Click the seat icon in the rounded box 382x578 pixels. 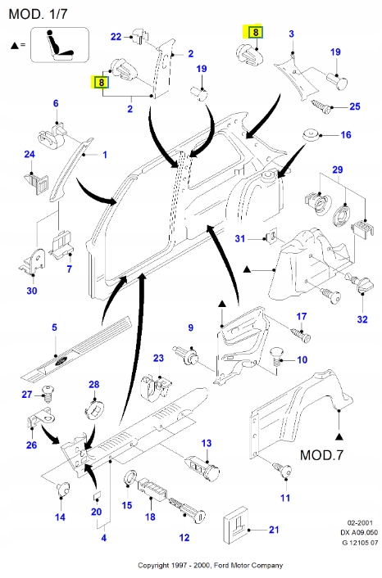pyautogui.click(x=59, y=45)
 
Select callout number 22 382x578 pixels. pyautogui.click(x=116, y=37)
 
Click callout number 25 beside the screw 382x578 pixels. pyautogui.click(x=355, y=107)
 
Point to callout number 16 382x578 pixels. pyautogui.click(x=345, y=134)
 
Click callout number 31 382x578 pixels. pyautogui.click(x=240, y=238)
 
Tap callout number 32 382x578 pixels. pyautogui.click(x=362, y=318)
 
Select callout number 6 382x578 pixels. pyautogui.click(x=56, y=103)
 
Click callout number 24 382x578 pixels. pyautogui.click(x=30, y=155)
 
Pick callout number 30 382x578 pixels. pyautogui.click(x=31, y=290)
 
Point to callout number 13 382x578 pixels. pyautogui.click(x=207, y=443)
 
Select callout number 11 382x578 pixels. pyautogui.click(x=285, y=497)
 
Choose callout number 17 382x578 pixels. pyautogui.click(x=301, y=316)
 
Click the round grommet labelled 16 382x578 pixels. pyautogui.click(x=311, y=135)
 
